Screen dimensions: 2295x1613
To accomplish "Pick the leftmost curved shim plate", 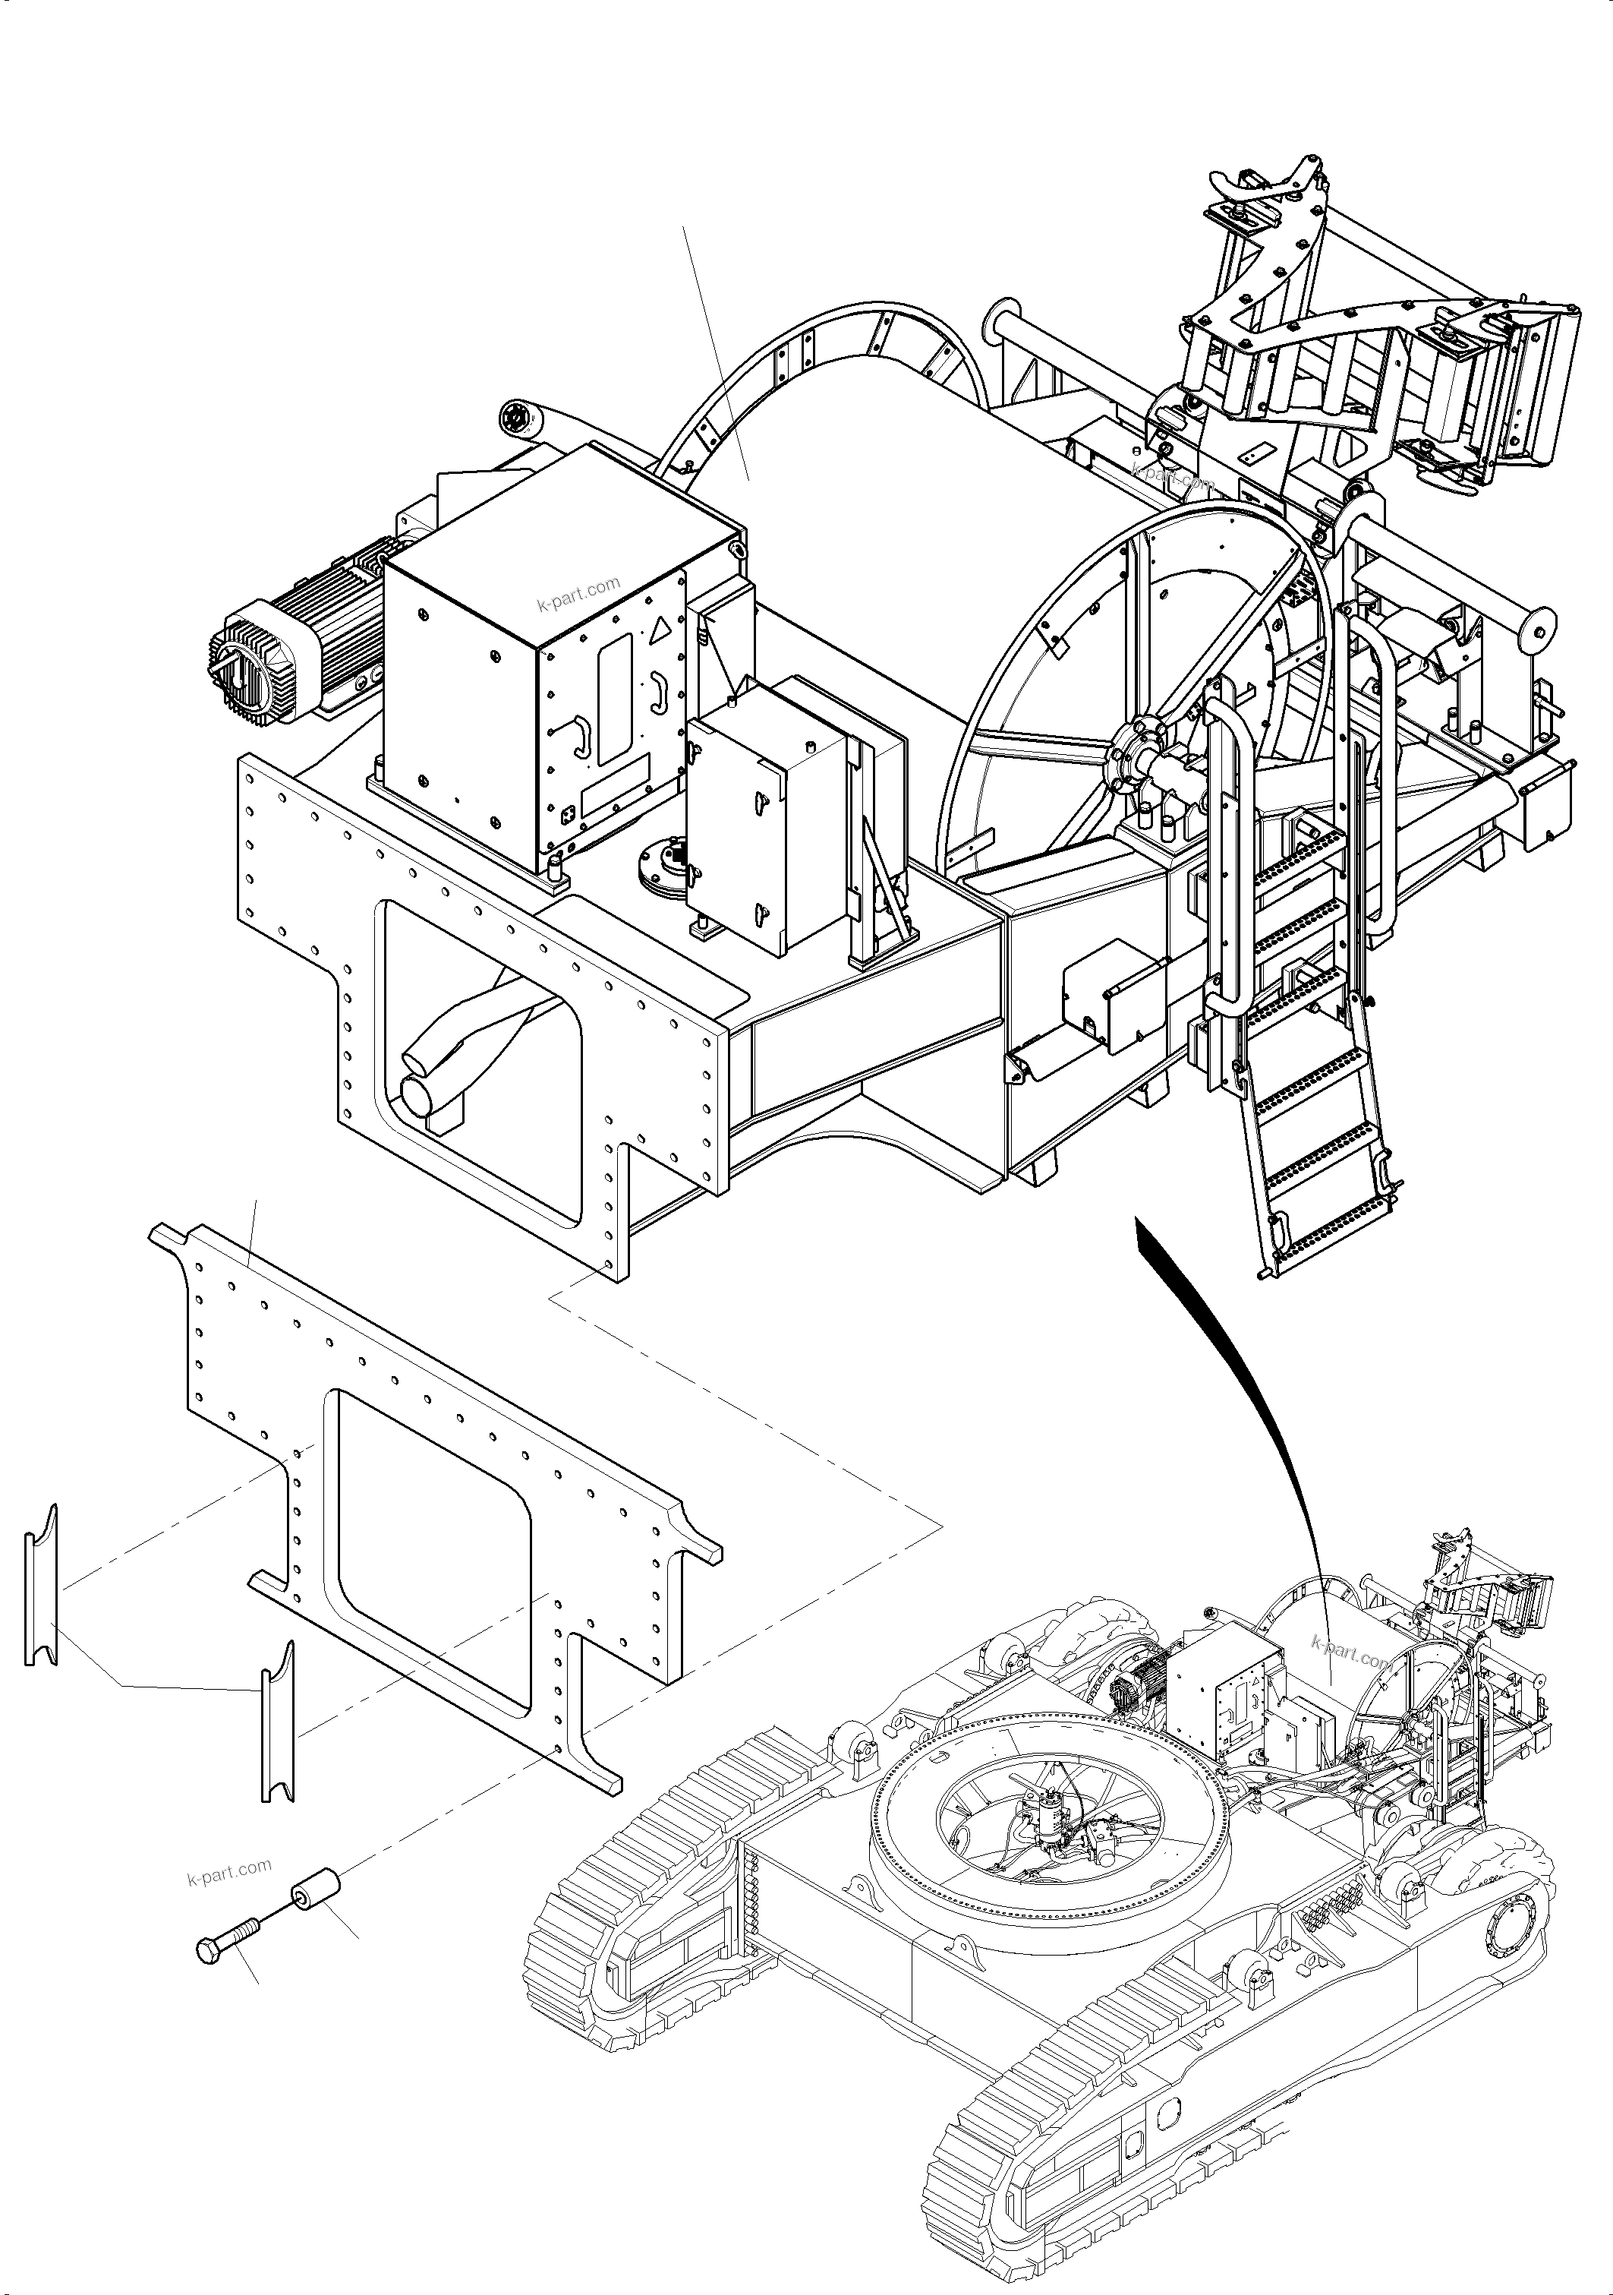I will tap(41, 1585).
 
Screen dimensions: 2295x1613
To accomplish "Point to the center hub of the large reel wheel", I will tap(1139, 755).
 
